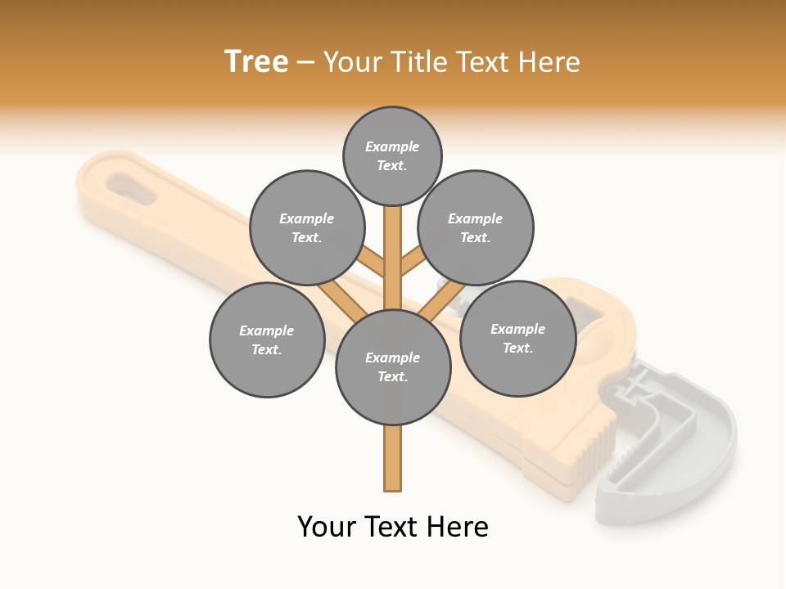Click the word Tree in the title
pos(256,62)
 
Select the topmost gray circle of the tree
pos(392,155)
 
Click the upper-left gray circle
pos(307,227)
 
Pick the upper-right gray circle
pos(476,227)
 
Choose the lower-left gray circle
pos(267,339)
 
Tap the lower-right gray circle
pos(517,338)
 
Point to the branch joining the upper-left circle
pos(373,263)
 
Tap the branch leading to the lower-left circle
pos(342,300)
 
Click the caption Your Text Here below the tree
pos(393,527)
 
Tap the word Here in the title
pos(549,62)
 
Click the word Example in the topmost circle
pos(392,146)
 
